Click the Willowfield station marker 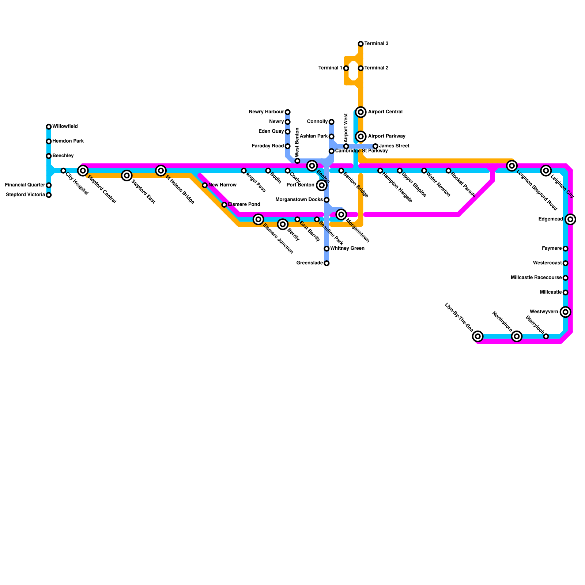tap(49, 127)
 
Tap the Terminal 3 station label tap(376, 44)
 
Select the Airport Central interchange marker tap(361, 112)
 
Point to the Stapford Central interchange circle tap(83, 171)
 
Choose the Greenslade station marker tap(327, 263)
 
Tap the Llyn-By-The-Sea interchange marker tap(478, 336)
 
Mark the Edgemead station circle tap(570, 219)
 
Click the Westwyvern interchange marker tap(566, 312)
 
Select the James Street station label tap(394, 146)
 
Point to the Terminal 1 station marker tap(346, 68)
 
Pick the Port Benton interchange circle tap(322, 185)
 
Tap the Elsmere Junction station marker tap(258, 219)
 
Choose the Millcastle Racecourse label tap(536, 278)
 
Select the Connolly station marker tap(331, 122)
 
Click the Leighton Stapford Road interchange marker tap(512, 166)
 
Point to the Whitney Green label tap(347, 249)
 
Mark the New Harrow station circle tap(205, 185)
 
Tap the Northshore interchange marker tap(517, 336)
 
